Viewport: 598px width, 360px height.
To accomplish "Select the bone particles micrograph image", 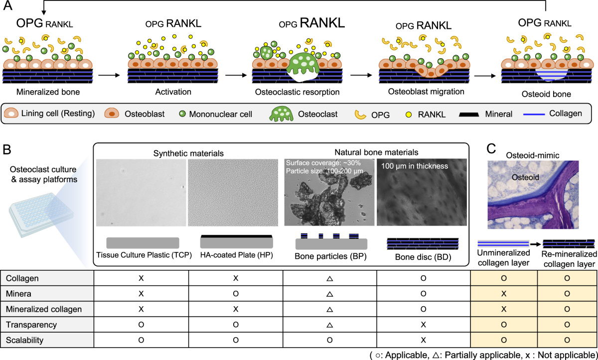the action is click(328, 192).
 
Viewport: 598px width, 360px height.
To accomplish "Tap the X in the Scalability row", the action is click(423, 340).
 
